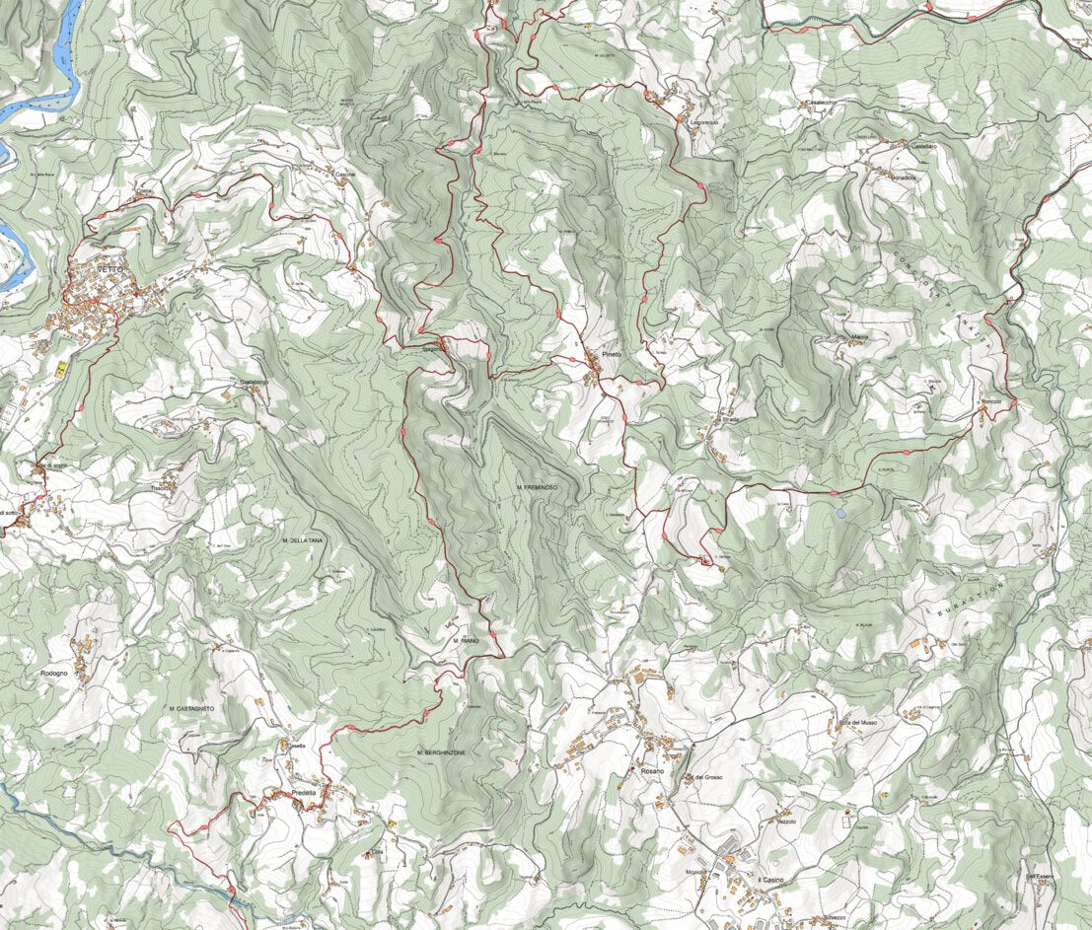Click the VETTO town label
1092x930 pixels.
tap(111, 269)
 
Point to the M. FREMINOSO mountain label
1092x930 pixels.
tap(537, 488)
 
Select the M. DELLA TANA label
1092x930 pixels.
tap(303, 541)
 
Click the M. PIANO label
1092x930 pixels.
tap(467, 641)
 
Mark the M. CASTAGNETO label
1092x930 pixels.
tap(191, 709)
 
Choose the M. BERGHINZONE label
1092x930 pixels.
tap(441, 752)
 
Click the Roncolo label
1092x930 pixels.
tap(989, 402)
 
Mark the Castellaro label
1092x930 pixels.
tap(924, 146)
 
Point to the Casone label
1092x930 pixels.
tap(345, 175)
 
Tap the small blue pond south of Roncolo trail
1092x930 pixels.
tap(839, 513)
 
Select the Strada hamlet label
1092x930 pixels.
tap(730, 419)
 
